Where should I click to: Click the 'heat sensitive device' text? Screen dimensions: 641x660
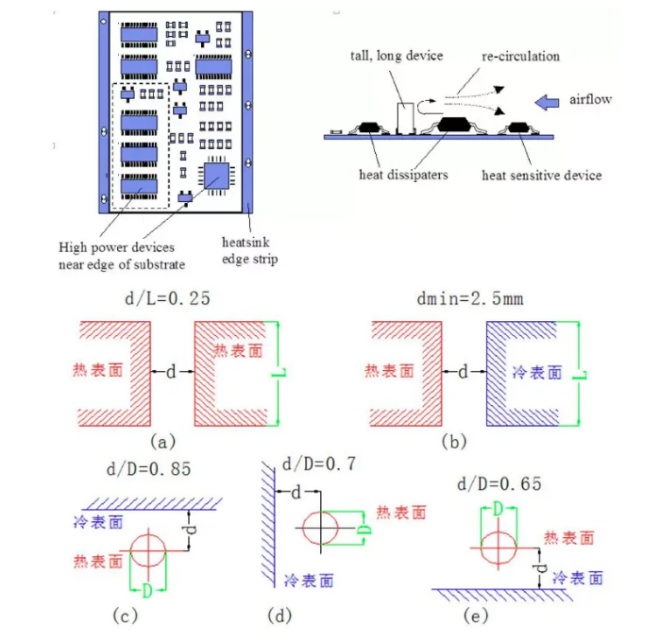(x=541, y=175)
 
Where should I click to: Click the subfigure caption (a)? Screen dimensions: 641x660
(x=161, y=440)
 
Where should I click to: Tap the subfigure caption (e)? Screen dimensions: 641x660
(x=472, y=616)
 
